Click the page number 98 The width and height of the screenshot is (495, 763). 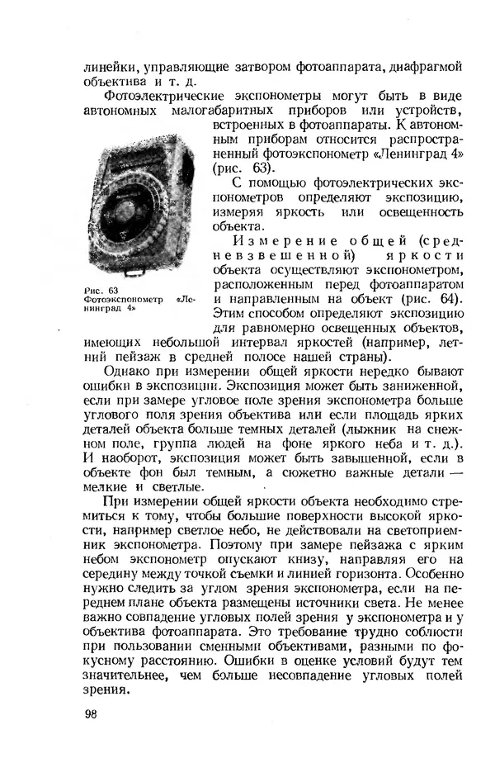[x=91, y=714]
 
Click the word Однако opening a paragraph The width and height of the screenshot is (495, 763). [x=128, y=372]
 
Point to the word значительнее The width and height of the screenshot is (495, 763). [x=121, y=675]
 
